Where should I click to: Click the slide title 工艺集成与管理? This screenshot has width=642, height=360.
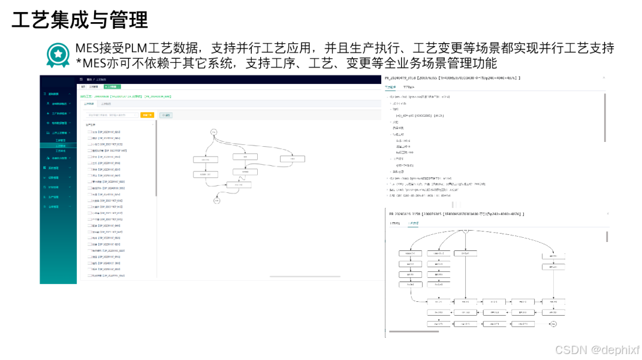[80, 20]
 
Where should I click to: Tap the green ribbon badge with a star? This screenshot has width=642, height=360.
[58, 55]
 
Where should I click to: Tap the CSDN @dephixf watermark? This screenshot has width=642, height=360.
[597, 350]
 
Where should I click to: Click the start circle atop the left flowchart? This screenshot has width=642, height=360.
[213, 131]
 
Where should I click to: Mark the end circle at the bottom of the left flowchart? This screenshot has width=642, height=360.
[217, 201]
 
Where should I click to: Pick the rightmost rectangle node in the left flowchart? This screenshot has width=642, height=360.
[293, 159]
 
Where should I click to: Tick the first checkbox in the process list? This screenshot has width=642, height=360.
[89, 132]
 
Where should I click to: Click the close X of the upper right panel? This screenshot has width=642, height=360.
[604, 77]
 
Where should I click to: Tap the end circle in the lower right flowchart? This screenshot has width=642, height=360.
[554, 324]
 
